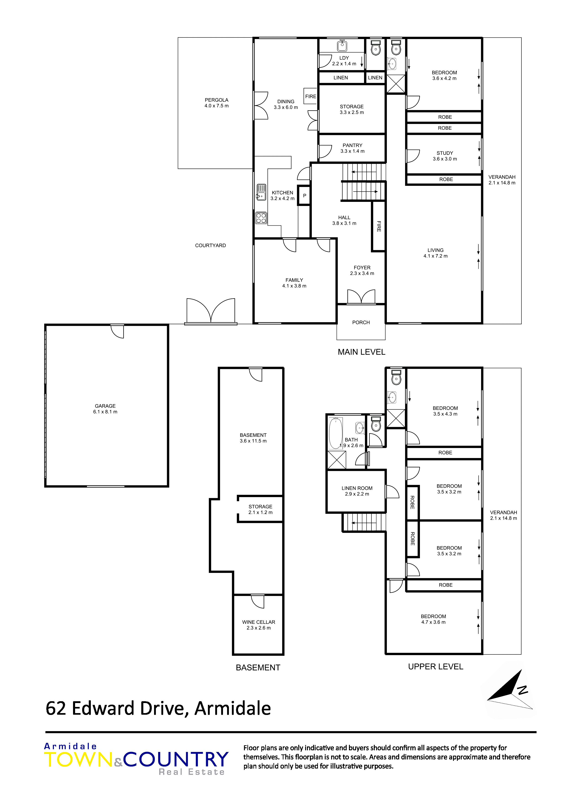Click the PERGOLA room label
217,100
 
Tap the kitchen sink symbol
261,192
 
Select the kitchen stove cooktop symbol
261,218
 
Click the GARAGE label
105,406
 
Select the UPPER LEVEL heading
436,667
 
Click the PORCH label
361,323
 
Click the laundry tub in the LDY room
342,46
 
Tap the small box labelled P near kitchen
304,195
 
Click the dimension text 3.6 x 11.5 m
253,441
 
